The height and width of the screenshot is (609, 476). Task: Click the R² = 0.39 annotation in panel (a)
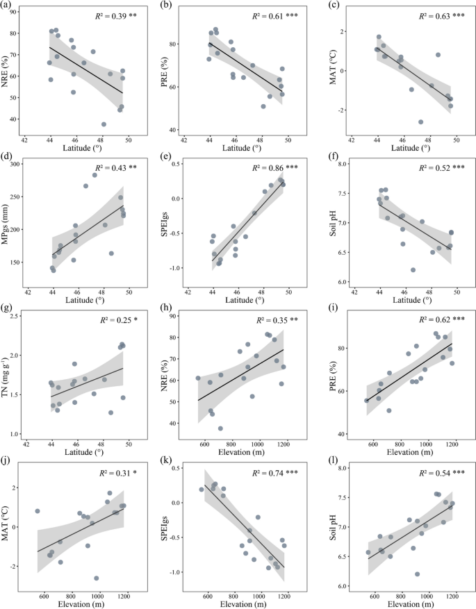click(x=111, y=15)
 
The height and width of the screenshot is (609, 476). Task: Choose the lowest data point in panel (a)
click(x=104, y=124)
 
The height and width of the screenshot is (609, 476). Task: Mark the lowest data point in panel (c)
click(x=420, y=122)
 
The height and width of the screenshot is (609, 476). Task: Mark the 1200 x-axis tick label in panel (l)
click(x=454, y=594)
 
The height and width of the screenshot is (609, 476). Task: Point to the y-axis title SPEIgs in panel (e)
click(x=169, y=222)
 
